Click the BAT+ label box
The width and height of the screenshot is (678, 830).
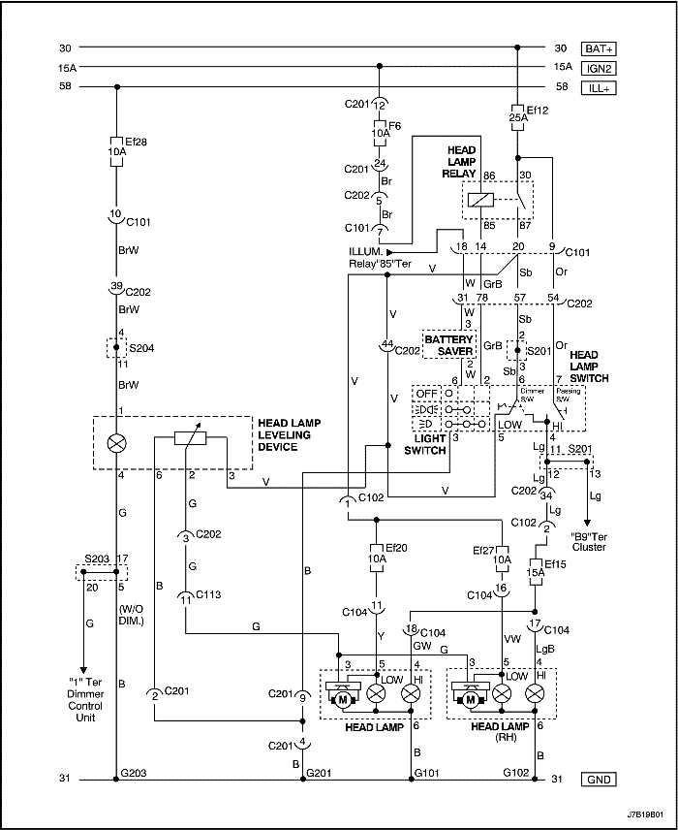click(598, 48)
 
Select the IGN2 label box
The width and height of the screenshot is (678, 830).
click(598, 67)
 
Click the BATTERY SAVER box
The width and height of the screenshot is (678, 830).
click(447, 346)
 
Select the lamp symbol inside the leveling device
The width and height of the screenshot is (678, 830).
click(116, 444)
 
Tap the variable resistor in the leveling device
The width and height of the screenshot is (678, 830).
click(191, 438)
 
